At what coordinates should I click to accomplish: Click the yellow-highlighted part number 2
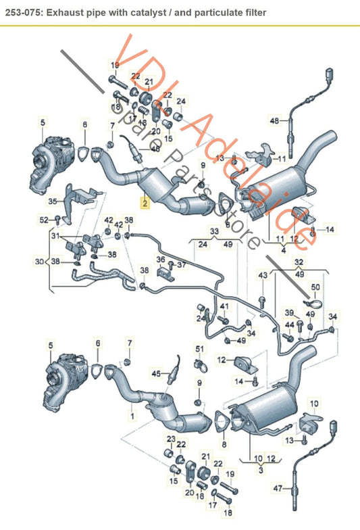coord(144,201)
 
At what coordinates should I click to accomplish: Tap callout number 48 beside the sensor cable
coord(274,121)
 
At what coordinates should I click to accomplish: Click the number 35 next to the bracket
coord(53,201)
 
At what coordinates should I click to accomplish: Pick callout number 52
coord(44,219)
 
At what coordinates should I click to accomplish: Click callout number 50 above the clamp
coord(315,288)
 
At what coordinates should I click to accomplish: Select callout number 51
coord(199,348)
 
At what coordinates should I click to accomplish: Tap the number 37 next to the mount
coord(181,265)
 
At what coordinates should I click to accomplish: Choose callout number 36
coord(161,260)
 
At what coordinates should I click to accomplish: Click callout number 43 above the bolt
coord(263,274)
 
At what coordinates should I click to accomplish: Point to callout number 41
coord(224,308)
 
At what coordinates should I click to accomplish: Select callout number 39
coord(288,312)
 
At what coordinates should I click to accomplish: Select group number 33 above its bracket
coord(214,231)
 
